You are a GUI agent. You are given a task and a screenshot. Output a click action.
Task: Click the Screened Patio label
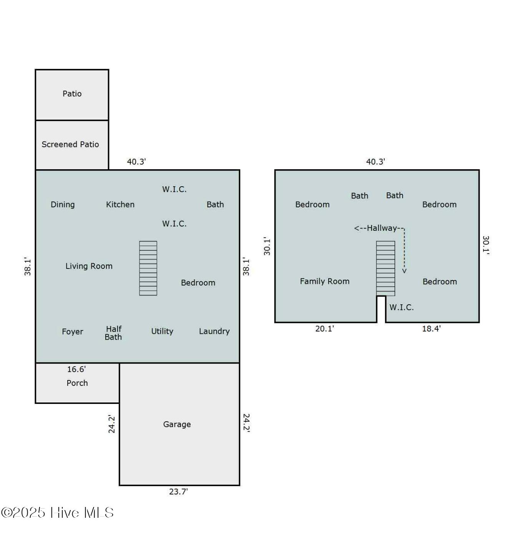70,144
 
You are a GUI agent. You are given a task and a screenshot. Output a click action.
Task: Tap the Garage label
177,424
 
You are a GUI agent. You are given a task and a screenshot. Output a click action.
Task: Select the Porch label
77,383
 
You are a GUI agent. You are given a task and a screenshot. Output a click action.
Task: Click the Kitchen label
120,205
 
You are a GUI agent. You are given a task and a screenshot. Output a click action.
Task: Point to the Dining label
63,205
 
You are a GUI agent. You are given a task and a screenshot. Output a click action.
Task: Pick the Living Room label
89,266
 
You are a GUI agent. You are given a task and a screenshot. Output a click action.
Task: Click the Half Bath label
113,333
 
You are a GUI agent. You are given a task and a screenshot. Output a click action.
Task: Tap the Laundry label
214,331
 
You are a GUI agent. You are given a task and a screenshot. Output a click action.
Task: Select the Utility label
162,331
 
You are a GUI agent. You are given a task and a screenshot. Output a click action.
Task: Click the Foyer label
73,332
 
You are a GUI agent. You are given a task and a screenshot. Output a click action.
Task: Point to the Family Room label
325,281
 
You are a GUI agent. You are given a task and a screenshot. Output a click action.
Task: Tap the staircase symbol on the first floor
148,268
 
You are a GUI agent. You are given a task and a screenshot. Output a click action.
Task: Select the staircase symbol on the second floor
385,268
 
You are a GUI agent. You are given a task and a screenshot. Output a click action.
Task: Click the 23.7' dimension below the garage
178,492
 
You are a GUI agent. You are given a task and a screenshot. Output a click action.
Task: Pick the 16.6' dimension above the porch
76,369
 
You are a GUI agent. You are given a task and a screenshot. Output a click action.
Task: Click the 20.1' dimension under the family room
325,329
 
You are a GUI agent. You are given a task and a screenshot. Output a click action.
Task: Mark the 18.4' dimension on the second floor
431,329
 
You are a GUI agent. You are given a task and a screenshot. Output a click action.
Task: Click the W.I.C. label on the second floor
401,307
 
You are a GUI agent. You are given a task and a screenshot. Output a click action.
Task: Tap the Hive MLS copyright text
58,513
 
